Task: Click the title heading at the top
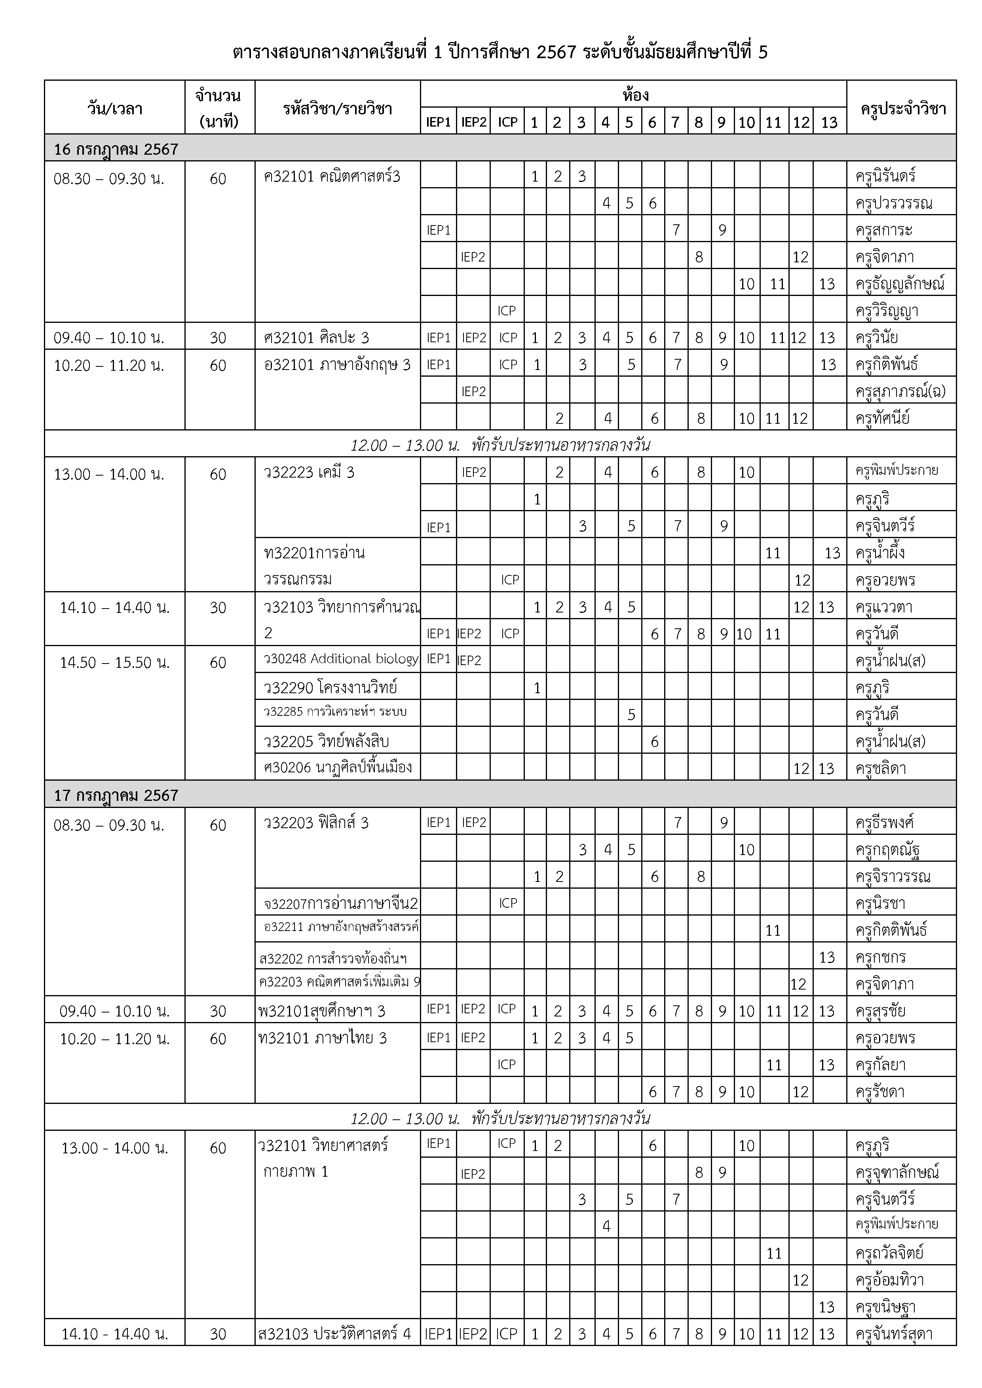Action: pos(500,53)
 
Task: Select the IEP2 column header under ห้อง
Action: pos(473,122)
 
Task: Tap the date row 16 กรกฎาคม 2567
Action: pos(116,149)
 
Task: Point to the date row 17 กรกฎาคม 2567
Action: pos(116,795)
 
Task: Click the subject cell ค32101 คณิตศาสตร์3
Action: pos(332,177)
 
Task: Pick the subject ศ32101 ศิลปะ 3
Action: pos(317,338)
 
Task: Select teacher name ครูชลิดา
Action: pos(881,768)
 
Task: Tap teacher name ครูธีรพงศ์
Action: pos(885,823)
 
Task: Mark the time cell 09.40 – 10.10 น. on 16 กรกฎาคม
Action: pos(109,338)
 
